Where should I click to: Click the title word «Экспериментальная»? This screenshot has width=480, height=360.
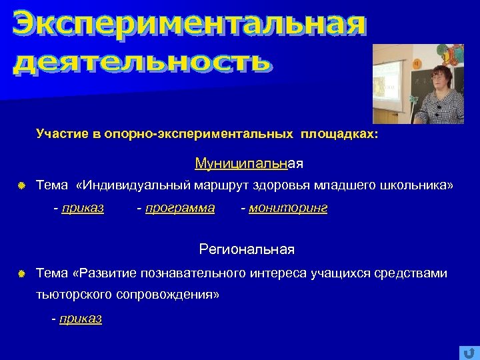(x=190, y=25)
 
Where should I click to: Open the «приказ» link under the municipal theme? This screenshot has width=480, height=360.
(x=83, y=208)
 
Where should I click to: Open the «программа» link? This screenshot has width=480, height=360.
(x=180, y=208)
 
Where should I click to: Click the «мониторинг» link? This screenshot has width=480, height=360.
(x=288, y=208)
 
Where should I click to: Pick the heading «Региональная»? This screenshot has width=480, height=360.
(x=247, y=250)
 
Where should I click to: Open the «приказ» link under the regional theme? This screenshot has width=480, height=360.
(x=81, y=319)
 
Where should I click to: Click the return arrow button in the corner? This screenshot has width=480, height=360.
(x=467, y=352)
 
